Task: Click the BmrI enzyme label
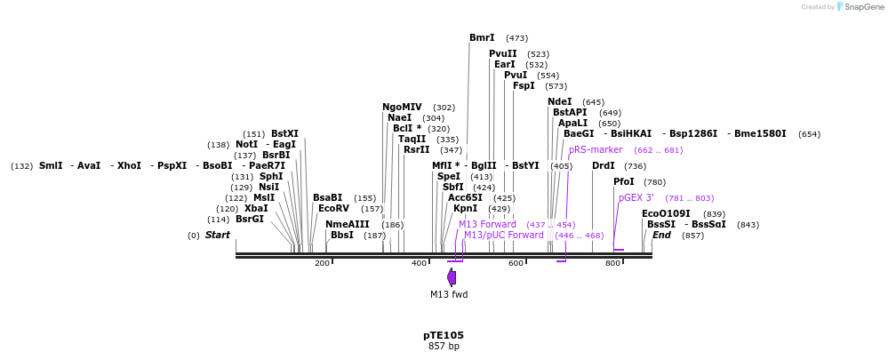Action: click(482, 38)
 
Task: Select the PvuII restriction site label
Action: click(502, 54)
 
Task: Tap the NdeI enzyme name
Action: click(560, 102)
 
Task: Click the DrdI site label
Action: click(604, 166)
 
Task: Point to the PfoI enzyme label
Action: click(624, 182)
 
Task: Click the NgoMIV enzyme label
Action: click(402, 108)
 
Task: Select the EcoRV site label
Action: click(333, 209)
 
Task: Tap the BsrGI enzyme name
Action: click(250, 220)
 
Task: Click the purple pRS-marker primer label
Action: click(596, 150)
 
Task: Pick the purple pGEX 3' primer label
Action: click(636, 198)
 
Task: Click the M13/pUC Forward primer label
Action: click(503, 236)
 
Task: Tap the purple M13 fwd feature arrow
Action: click(452, 277)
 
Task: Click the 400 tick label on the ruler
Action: click(419, 264)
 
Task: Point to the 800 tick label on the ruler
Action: click(612, 264)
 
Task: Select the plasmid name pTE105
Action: click(444, 335)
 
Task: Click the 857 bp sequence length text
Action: click(444, 347)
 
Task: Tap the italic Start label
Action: click(218, 236)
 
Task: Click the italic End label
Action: click(661, 236)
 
